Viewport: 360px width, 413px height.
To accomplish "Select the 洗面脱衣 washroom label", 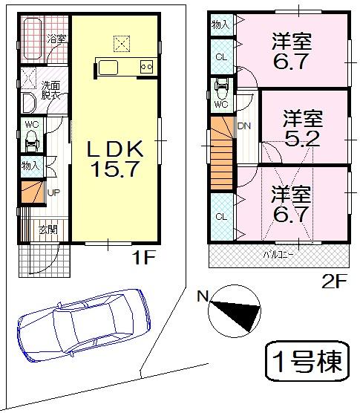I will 50,88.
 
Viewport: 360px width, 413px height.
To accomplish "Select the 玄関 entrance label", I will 48,229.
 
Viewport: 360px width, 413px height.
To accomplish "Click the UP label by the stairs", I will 53,193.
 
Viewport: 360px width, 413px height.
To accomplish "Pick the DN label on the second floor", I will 244,126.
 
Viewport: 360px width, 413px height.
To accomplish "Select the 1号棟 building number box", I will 306,362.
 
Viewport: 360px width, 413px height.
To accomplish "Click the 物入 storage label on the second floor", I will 220,25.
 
